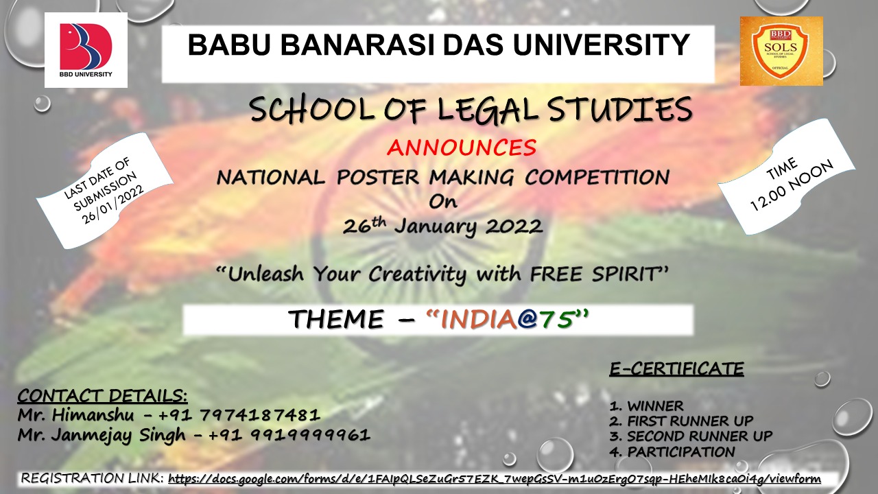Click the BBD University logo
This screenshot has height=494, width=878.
click(x=86, y=49)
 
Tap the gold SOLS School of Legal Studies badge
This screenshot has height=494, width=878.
click(x=781, y=51)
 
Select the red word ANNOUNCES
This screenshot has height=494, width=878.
click(x=461, y=147)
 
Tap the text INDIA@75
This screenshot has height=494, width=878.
click(x=508, y=320)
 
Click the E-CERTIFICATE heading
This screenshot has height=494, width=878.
click(x=676, y=369)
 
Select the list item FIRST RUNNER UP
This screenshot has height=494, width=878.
click(x=690, y=421)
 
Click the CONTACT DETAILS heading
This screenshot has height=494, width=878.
click(x=102, y=396)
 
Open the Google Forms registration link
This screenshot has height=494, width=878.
click(x=494, y=478)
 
